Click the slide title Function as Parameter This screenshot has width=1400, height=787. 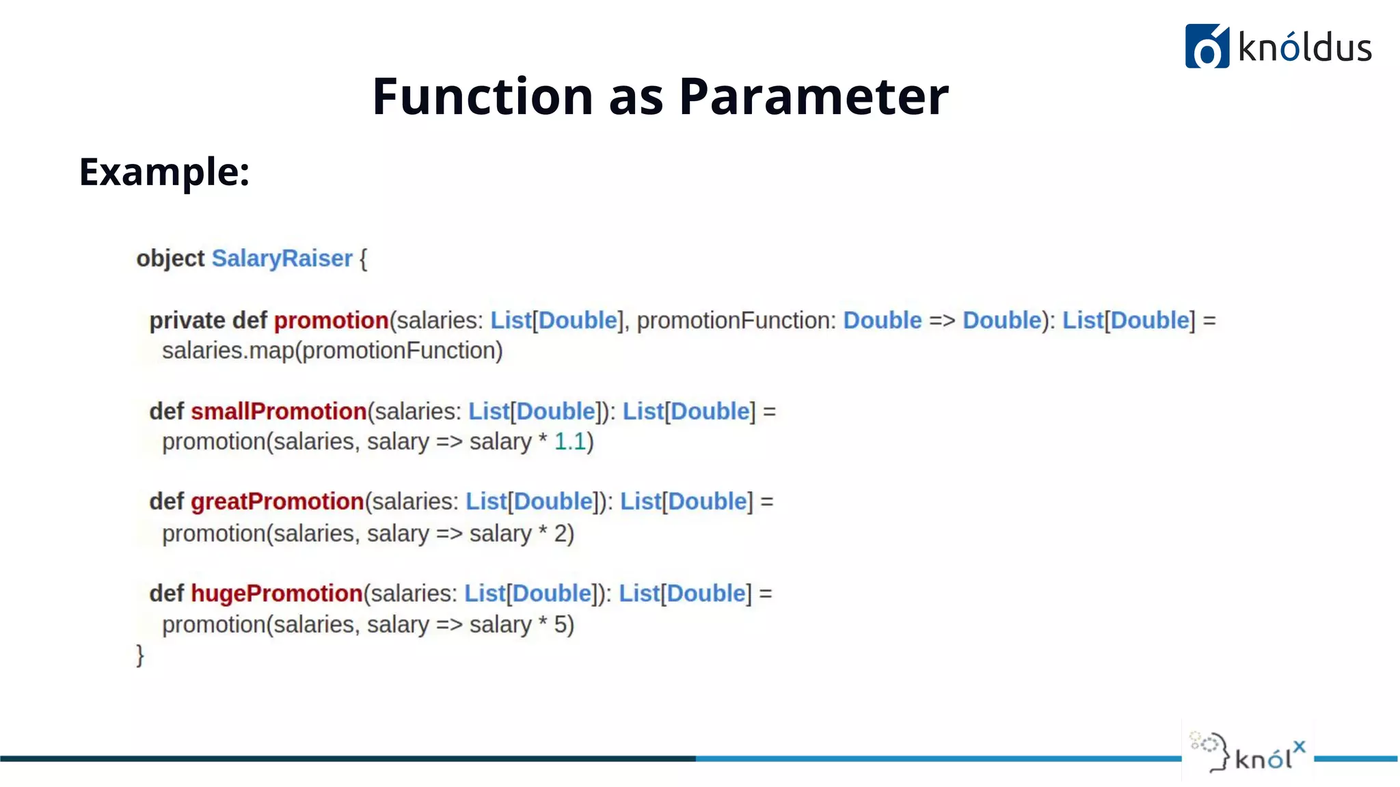pyautogui.click(x=660, y=96)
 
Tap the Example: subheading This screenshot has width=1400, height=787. pyautogui.click(x=164, y=171)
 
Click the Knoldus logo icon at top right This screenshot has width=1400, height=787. pyautogui.click(x=1207, y=46)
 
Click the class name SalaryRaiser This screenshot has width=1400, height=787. pyautogui.click(x=282, y=258)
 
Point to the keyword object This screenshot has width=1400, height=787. pyautogui.click(x=170, y=258)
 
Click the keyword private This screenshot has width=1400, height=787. pyautogui.click(x=187, y=320)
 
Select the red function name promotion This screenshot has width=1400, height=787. pyautogui.click(x=332, y=320)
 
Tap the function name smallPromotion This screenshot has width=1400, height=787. pyautogui.click(x=279, y=411)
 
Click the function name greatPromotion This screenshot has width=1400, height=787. pyautogui.click(x=277, y=501)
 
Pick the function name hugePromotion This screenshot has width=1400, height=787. pyautogui.click(x=276, y=593)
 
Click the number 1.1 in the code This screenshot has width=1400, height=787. pyautogui.click(x=570, y=442)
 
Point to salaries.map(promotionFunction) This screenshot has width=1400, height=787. pyautogui.click(x=332, y=350)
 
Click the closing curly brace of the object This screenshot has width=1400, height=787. pyautogui.click(x=140, y=655)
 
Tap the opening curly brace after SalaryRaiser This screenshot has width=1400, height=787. pyautogui.click(x=363, y=259)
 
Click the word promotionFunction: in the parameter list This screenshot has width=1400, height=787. pyautogui.click(x=736, y=320)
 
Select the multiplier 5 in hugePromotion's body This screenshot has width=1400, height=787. pyautogui.click(x=561, y=624)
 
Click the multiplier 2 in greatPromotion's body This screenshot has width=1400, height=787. pyautogui.click(x=561, y=534)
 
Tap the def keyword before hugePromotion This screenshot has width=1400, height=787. pyautogui.click(x=166, y=593)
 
